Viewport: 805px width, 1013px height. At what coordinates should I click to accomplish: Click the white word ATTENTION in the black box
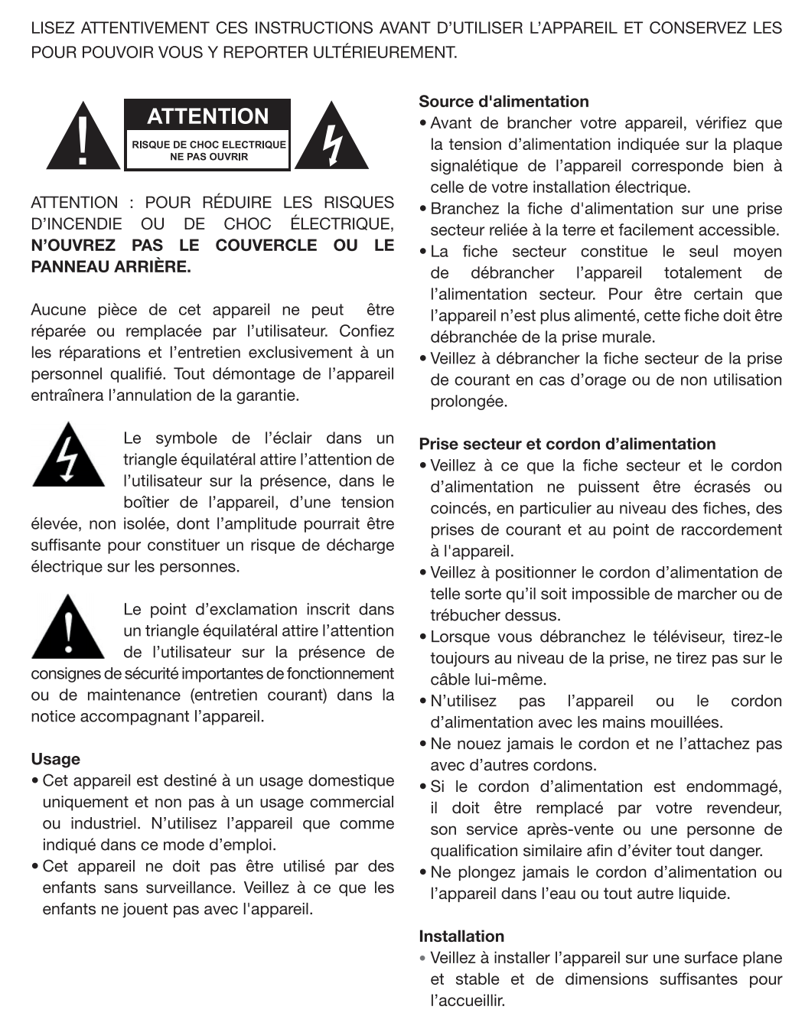pos(207,117)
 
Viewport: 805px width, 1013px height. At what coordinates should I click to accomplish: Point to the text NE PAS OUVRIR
pos(209,157)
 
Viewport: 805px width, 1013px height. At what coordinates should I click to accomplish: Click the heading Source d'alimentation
pos(504,102)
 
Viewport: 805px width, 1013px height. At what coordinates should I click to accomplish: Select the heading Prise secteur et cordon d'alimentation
pos(567,445)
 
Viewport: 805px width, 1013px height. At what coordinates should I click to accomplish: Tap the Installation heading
pos(461,936)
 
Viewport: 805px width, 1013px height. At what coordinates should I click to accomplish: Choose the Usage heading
pos(55,760)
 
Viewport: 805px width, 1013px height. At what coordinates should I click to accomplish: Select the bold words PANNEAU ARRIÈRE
pos(111,267)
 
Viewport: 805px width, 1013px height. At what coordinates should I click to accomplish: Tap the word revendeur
pos(743,808)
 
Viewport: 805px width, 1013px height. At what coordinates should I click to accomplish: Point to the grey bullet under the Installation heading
pos(422,958)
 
